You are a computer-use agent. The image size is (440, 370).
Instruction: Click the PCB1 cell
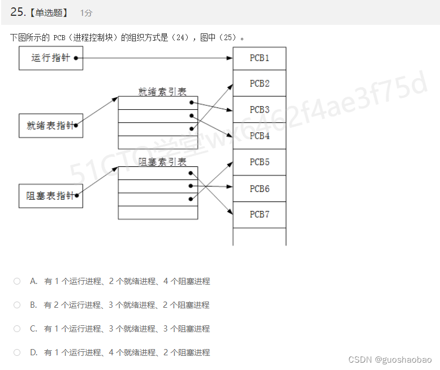[260, 58]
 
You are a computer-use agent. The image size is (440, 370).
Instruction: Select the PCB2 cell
[260, 84]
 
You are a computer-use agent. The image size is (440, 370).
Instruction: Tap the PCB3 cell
[260, 110]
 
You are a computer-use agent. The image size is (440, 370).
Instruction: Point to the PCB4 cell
[260, 136]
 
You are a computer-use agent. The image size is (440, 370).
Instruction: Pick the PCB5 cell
[260, 162]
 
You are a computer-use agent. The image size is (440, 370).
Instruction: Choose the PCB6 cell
[260, 188]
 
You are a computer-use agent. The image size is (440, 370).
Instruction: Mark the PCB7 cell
[260, 214]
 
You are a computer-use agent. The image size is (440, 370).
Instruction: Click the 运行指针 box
[51, 58]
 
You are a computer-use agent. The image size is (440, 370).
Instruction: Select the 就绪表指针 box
[51, 126]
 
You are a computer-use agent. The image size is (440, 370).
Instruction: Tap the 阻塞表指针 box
[51, 196]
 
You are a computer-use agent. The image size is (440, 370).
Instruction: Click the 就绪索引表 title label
[162, 91]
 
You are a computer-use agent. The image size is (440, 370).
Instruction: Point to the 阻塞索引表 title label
[162, 162]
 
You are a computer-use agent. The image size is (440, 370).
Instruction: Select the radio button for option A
[17, 281]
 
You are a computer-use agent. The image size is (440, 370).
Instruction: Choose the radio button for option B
[17, 305]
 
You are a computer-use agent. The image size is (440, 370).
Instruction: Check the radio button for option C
[17, 329]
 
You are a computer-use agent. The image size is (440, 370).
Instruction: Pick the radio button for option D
[17, 352]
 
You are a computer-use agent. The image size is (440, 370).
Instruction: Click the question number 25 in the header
[17, 12]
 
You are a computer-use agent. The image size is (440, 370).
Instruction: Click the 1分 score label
[86, 12]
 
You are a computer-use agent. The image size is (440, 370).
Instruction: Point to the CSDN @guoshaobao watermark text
[390, 360]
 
